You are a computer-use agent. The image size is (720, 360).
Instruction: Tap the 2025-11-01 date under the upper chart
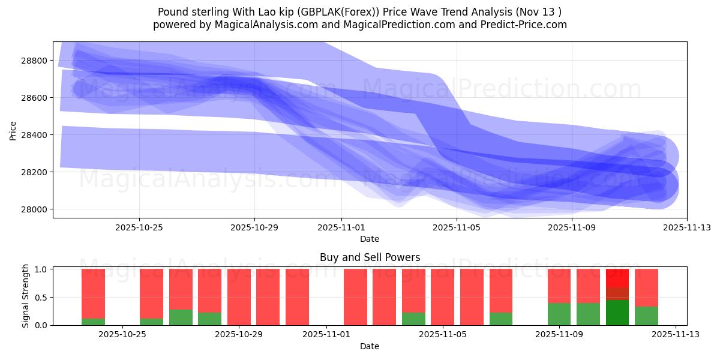[341, 227]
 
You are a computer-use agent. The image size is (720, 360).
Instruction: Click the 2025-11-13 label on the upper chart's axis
[687, 227]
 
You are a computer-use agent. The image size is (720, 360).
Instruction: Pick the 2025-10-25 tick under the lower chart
[122, 335]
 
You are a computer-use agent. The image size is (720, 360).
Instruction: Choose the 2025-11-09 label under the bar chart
[559, 335]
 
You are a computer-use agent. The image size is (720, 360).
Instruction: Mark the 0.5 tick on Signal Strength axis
[42, 298]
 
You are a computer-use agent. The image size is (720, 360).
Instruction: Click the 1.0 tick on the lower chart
[42, 269]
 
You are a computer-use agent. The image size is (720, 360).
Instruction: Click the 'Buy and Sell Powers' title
[370, 257]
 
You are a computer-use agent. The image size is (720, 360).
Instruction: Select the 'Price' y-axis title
[14, 130]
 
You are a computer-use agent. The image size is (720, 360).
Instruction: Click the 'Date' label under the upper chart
[370, 239]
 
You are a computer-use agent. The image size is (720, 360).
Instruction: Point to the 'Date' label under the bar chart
[370, 346]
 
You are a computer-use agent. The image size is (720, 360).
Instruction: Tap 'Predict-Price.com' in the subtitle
[523, 25]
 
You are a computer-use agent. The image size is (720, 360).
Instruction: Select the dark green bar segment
[617, 313]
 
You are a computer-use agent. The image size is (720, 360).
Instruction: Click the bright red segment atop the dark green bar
[617, 278]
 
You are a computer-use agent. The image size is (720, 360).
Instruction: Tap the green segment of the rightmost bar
[646, 316]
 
